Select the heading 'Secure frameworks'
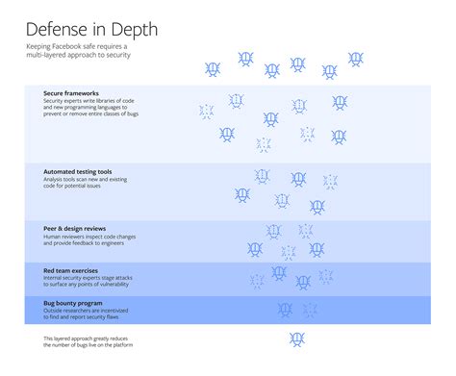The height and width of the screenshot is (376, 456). [x=71, y=93]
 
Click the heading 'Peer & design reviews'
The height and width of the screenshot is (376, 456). [x=75, y=228]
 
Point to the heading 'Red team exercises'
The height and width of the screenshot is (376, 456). [x=71, y=271]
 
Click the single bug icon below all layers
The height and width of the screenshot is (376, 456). [x=297, y=339]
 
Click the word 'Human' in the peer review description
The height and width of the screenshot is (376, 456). [x=51, y=236]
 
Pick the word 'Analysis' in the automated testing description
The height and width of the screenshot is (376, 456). [x=54, y=179]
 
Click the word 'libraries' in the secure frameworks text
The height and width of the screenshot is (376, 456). [x=119, y=101]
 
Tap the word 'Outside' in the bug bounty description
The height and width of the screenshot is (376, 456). [x=53, y=309]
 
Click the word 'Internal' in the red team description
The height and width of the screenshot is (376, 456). [x=53, y=278]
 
